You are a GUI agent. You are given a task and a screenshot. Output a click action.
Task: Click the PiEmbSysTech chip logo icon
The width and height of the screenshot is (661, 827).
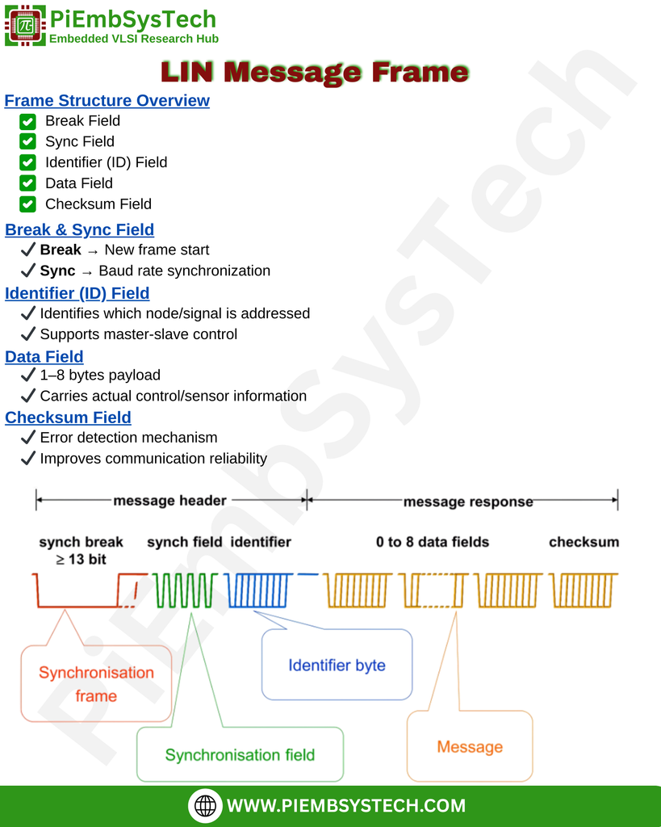(x=25, y=25)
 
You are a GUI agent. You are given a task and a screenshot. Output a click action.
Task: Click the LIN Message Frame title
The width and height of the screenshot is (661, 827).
(x=315, y=73)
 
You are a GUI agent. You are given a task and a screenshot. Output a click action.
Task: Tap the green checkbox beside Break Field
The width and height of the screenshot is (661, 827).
(x=27, y=121)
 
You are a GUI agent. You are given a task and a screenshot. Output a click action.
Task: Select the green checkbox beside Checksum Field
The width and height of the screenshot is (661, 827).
(x=27, y=204)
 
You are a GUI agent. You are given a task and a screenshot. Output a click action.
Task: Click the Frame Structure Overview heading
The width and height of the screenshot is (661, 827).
(x=107, y=101)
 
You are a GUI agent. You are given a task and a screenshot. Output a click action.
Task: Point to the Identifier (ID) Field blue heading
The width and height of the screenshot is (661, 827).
(x=77, y=293)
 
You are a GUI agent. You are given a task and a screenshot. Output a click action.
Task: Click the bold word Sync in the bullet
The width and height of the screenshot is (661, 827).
(x=57, y=271)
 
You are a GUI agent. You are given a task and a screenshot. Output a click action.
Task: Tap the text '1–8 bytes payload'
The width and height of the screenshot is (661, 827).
(x=99, y=376)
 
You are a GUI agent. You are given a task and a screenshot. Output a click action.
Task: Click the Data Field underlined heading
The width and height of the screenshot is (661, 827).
(x=44, y=357)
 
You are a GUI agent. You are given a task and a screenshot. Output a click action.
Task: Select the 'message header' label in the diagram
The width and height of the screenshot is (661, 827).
(x=169, y=501)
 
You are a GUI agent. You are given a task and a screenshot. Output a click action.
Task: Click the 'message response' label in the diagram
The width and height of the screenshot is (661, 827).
(x=468, y=502)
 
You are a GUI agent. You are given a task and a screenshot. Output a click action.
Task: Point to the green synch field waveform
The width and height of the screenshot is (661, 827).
(x=186, y=590)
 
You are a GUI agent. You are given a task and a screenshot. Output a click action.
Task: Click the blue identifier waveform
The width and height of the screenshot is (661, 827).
(x=259, y=590)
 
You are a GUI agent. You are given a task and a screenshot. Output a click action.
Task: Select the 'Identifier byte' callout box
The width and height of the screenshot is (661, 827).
(x=337, y=665)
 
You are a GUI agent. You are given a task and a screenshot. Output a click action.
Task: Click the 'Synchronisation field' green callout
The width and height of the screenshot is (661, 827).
(x=240, y=755)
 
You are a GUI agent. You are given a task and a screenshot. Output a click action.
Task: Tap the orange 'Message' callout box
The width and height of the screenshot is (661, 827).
(x=470, y=747)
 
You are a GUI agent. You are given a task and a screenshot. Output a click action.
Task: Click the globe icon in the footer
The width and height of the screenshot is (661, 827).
(x=206, y=806)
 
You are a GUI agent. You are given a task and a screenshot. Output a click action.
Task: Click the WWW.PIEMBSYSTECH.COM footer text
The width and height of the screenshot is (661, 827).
(x=346, y=806)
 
